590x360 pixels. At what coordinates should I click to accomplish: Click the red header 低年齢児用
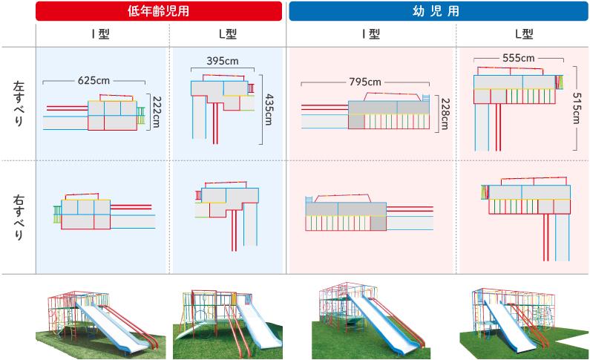tap(159, 11)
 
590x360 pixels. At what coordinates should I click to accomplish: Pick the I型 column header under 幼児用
tap(371, 34)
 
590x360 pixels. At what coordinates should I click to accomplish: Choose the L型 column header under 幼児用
tap(524, 34)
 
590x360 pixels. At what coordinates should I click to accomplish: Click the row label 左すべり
tap(19, 104)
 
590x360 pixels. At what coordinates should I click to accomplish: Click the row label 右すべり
tap(19, 216)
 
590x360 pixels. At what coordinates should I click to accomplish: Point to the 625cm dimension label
tap(94, 79)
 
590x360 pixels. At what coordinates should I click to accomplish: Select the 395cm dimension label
tap(222, 61)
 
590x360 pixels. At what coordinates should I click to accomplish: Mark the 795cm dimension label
tap(364, 82)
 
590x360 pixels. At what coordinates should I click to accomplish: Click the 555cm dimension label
tap(518, 57)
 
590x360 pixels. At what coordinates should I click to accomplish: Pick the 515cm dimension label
tap(578, 111)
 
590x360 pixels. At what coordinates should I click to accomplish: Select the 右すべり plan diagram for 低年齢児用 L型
tap(227, 212)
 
